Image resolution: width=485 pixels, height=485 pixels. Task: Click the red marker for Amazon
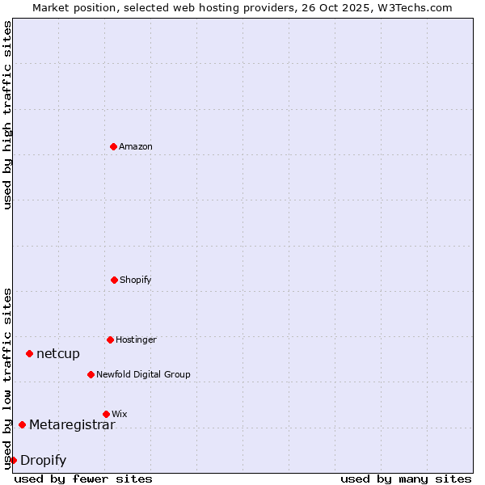(x=113, y=146)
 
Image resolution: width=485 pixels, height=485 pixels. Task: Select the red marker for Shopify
(x=114, y=280)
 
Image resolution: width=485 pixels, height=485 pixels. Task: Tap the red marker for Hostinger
(x=110, y=339)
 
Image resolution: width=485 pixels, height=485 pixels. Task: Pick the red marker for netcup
(x=29, y=353)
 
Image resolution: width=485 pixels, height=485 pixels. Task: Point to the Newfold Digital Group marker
(x=91, y=374)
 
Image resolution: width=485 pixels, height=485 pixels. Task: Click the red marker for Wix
(x=106, y=414)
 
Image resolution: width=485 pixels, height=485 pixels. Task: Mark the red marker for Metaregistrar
(x=22, y=424)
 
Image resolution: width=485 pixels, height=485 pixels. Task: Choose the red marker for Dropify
(x=13, y=460)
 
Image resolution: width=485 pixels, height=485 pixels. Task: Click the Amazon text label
(x=136, y=146)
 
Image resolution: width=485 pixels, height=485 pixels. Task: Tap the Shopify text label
(x=136, y=280)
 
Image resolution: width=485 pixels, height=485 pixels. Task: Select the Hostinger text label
(x=136, y=339)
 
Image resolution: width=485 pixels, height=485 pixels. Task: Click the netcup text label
(x=58, y=353)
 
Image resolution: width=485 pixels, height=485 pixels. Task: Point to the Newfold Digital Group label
(x=143, y=374)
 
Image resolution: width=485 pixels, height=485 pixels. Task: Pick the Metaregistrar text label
(x=72, y=424)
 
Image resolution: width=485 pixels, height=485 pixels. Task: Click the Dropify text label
(x=43, y=460)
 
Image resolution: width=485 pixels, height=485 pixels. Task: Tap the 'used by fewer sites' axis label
(x=83, y=479)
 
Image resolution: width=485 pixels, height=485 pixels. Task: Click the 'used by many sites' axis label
(x=406, y=479)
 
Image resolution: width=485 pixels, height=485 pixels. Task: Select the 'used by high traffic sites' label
(x=7, y=115)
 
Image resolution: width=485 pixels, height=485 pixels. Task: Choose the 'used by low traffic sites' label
(x=7, y=378)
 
